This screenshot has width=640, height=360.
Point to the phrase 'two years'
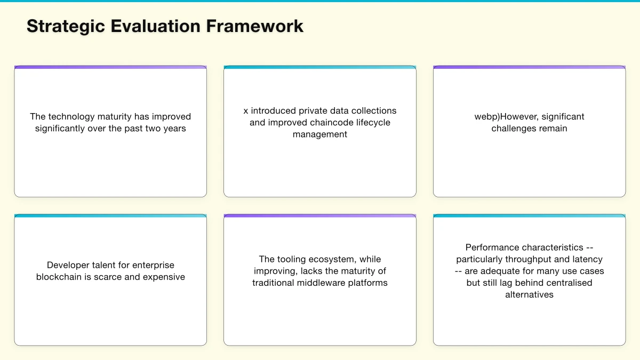pos(166,129)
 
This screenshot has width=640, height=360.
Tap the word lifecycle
pos(372,123)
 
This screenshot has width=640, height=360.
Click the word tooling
pos(291,259)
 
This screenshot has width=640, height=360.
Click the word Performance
pos(492,247)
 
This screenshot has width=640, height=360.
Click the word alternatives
pos(529,294)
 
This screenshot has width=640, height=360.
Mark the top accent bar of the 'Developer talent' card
pos(110,216)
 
